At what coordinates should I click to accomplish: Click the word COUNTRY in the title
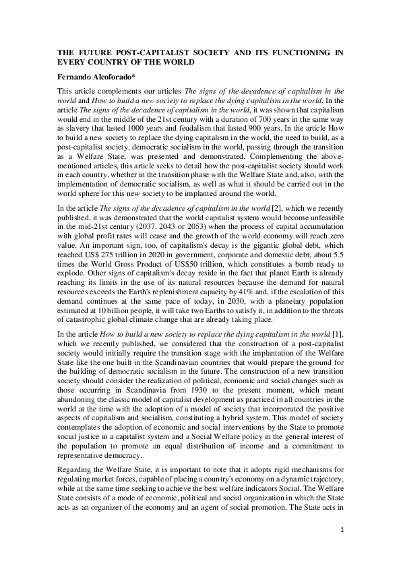pos(115,61)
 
